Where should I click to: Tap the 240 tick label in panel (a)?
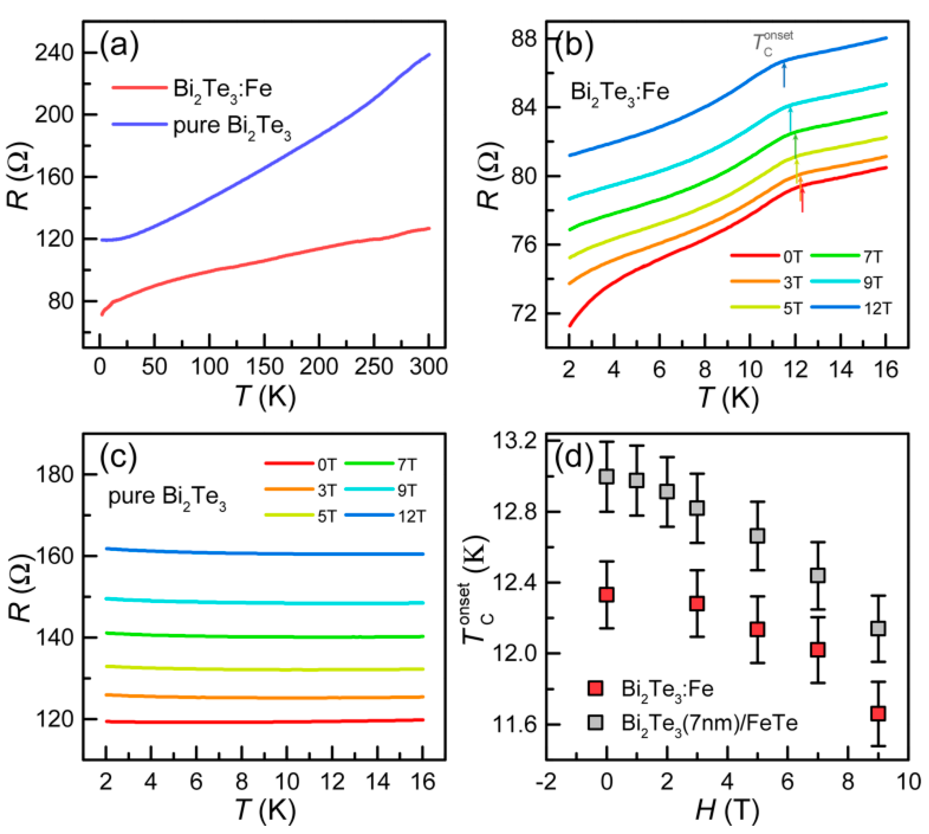point(54,53)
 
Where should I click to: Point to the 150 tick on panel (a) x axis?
point(264,367)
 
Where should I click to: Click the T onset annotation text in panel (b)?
point(772,43)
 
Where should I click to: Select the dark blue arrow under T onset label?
point(784,76)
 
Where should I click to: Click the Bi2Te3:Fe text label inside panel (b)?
point(619,92)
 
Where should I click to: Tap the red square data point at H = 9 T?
point(878,713)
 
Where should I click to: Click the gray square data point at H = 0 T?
point(606,476)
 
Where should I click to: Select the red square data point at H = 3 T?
point(697,604)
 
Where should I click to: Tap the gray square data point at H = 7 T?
point(818,575)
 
